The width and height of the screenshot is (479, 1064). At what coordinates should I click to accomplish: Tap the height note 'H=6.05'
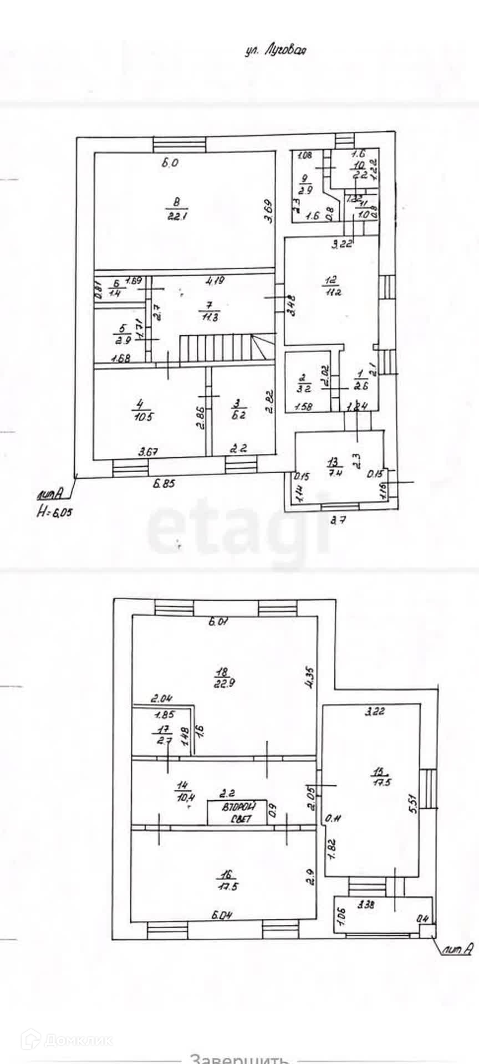tap(54, 513)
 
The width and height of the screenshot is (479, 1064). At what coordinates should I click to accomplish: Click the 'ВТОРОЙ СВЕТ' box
tap(235, 813)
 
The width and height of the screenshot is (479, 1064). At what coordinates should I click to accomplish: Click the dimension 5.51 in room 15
tap(412, 814)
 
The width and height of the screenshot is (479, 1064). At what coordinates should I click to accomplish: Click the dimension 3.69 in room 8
tap(268, 211)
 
